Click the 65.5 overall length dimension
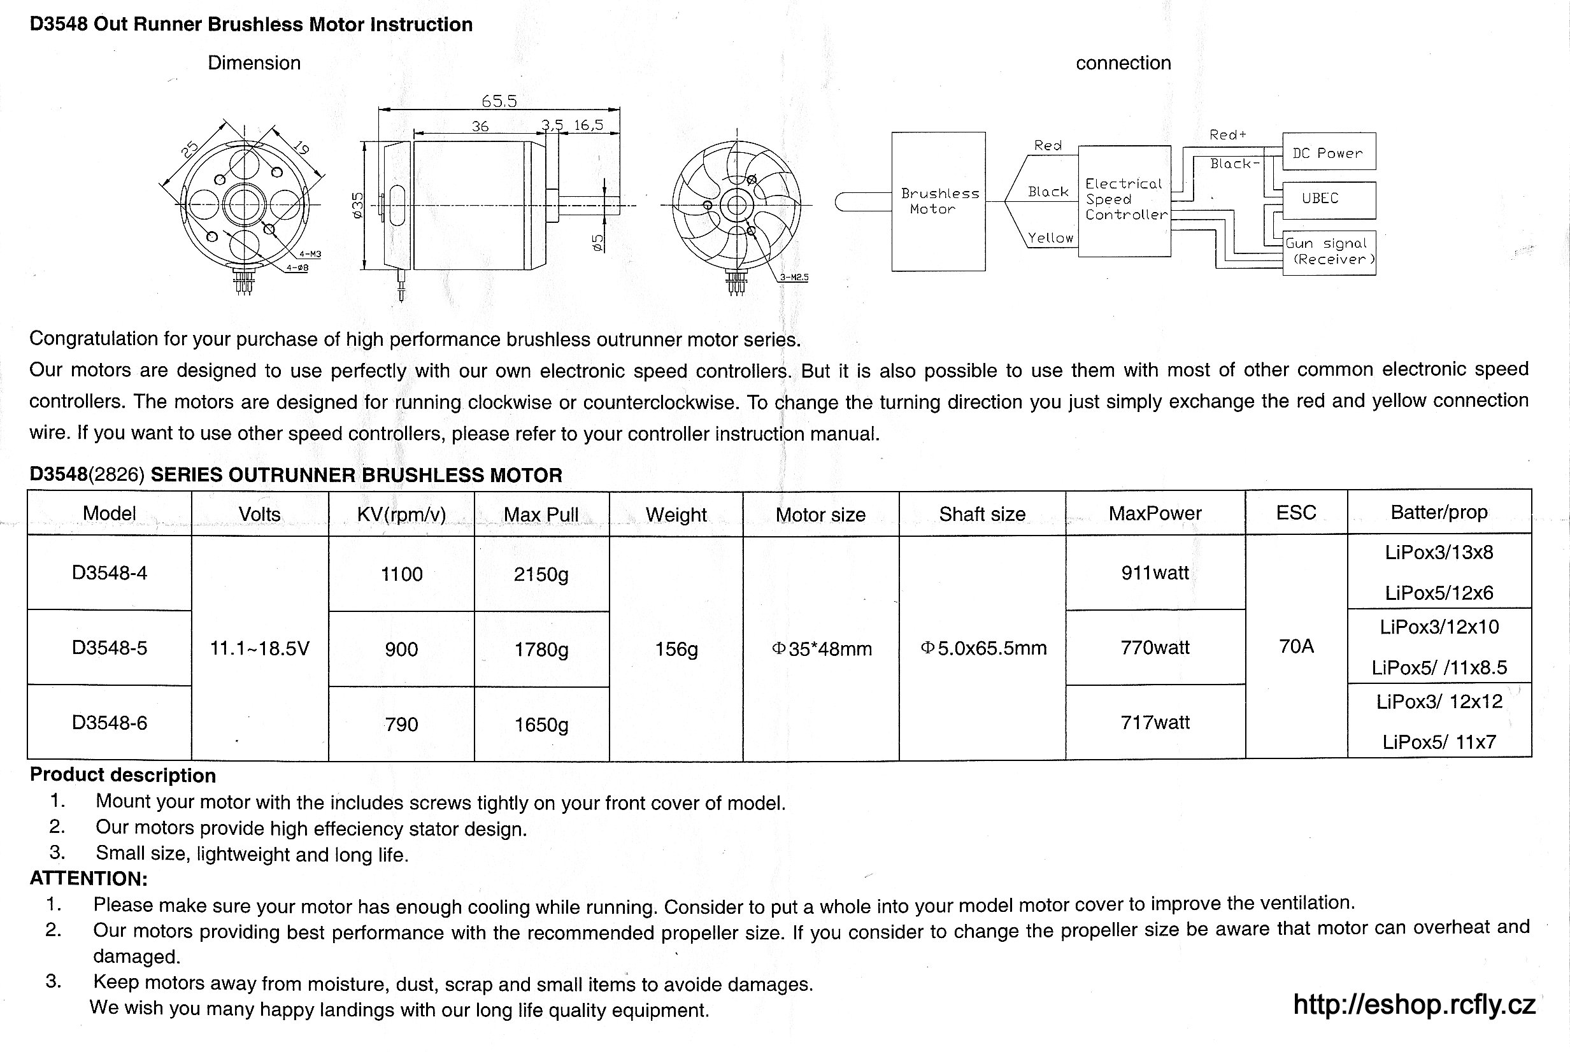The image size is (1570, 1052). (x=499, y=101)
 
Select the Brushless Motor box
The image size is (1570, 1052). (x=938, y=201)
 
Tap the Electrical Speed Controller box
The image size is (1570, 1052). (x=1125, y=200)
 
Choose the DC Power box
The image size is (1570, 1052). (x=1329, y=152)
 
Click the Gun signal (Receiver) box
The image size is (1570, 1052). (x=1329, y=252)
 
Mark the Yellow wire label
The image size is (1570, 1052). (x=1050, y=238)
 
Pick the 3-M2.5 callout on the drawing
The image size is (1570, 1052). (x=794, y=277)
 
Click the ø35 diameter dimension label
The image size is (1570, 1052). (x=357, y=204)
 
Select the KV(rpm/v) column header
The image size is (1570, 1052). (x=401, y=515)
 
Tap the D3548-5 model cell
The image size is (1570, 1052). (x=110, y=648)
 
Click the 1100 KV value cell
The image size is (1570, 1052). (x=401, y=574)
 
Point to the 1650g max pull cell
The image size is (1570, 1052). (x=541, y=725)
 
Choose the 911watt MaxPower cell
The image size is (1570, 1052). (x=1155, y=573)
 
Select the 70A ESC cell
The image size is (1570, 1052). (x=1296, y=647)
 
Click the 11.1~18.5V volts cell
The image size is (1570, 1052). (x=260, y=649)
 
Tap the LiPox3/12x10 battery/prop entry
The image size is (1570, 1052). (x=1439, y=627)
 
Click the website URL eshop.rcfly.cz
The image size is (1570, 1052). (x=1414, y=1005)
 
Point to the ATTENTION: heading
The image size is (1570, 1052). (x=89, y=878)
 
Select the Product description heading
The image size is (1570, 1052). (x=123, y=775)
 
